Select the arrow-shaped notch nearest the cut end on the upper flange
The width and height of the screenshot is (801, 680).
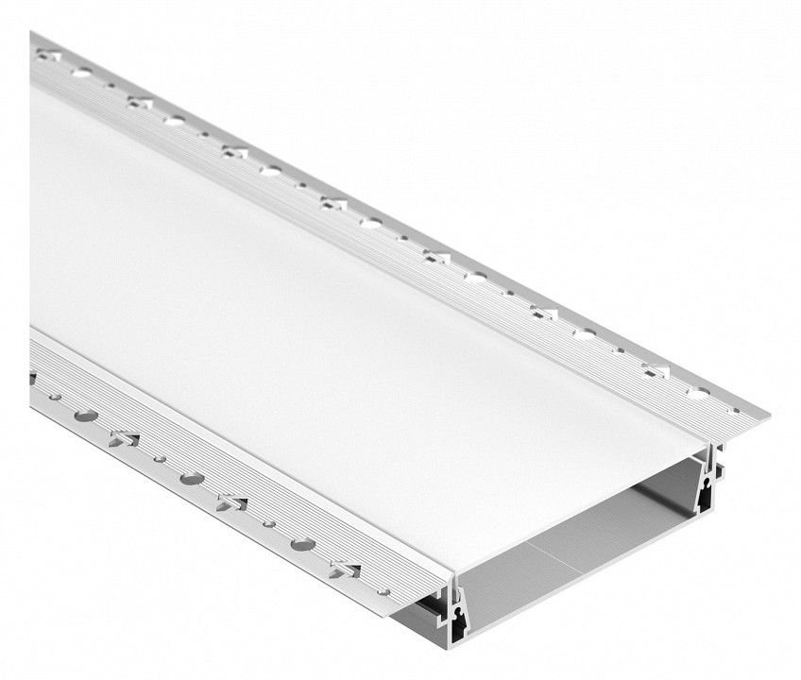click(x=653, y=363)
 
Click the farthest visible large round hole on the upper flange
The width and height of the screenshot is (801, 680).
click(x=82, y=72)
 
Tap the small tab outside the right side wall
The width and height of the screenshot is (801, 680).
click(x=720, y=468)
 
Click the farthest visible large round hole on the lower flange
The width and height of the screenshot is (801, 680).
click(x=85, y=414)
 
